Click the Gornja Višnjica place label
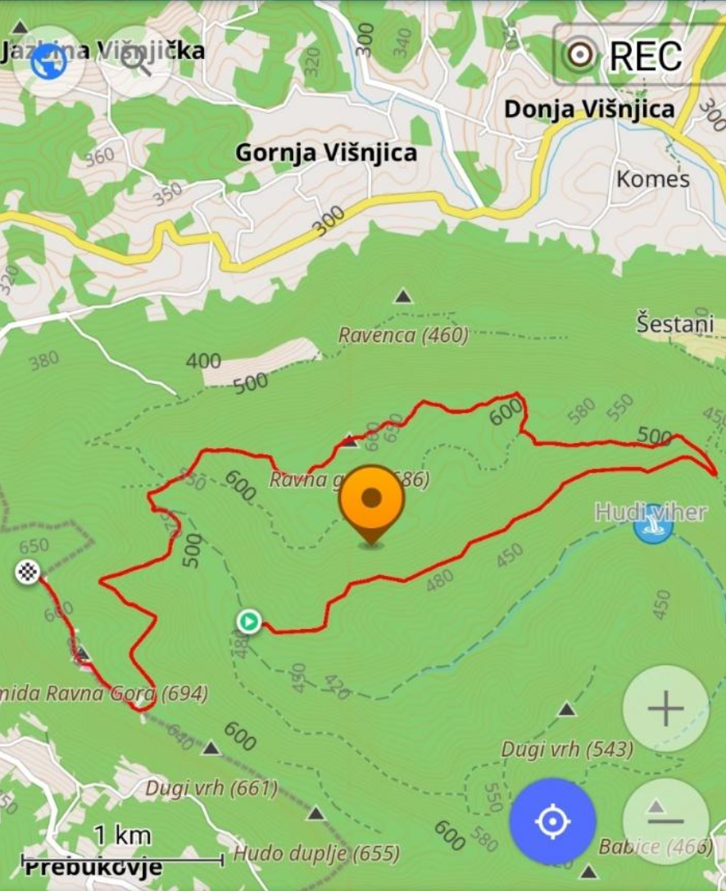(x=326, y=153)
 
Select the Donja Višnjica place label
(x=589, y=109)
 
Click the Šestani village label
(x=676, y=323)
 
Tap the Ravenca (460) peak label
(x=403, y=335)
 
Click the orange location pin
(x=371, y=500)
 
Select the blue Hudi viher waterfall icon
(x=653, y=524)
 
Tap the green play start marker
(x=249, y=622)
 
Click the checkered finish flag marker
(x=28, y=572)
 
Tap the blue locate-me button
(x=552, y=821)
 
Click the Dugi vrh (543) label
(x=567, y=749)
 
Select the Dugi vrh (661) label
(x=211, y=789)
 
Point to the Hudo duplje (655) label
(x=316, y=853)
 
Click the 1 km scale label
(x=122, y=835)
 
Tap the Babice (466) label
(x=655, y=846)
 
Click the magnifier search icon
(x=136, y=61)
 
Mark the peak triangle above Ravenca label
(x=402, y=296)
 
